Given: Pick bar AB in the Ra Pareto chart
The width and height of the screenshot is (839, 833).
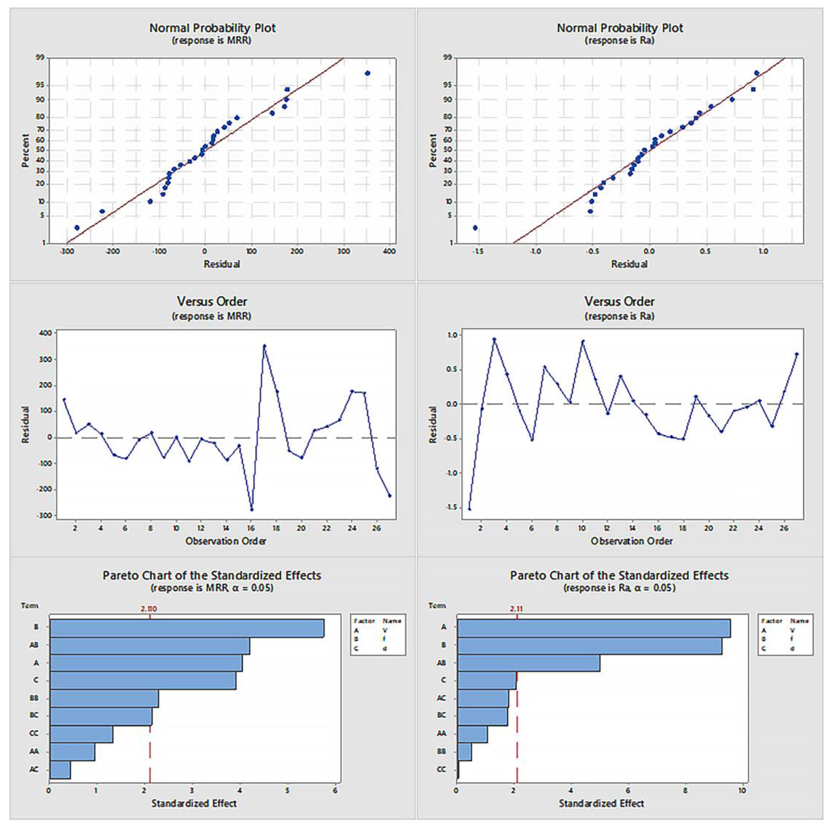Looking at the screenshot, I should coord(528,663).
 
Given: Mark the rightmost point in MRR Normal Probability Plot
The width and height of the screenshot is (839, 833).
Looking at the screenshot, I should coord(367,73).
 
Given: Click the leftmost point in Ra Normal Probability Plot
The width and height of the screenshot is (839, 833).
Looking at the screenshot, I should coord(475,228).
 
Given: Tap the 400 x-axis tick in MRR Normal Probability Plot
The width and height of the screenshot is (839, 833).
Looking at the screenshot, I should coord(389,252).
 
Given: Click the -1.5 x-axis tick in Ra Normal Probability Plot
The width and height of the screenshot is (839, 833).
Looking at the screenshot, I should coord(478,252).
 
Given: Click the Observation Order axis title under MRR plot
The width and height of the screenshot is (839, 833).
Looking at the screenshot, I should coord(225,541).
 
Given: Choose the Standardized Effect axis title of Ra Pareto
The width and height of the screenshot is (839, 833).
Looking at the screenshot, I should coord(601,803).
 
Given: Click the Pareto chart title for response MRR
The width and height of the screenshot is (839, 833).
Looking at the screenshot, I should coord(212,576).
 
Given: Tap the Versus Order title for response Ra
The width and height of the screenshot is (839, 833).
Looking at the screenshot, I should coord(619,301).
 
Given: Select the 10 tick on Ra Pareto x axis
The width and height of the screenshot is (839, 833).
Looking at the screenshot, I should coord(742,790).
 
